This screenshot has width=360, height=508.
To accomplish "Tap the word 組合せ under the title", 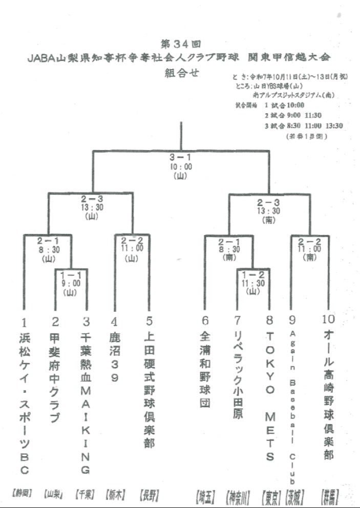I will [x=180, y=72].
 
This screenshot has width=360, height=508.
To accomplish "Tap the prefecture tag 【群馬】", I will [x=329, y=495].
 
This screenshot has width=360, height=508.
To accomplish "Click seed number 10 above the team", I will [x=328, y=320].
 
